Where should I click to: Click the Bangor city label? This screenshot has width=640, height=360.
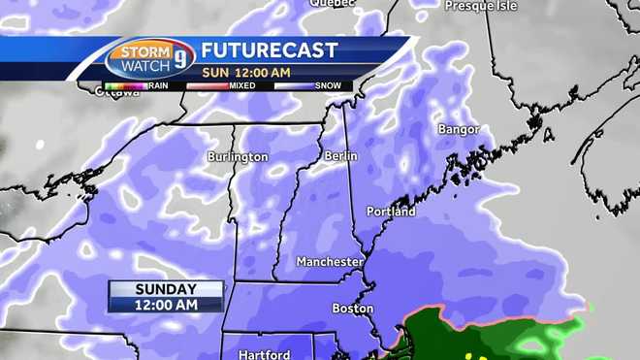pos(459,128)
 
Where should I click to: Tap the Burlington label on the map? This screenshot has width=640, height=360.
pos(237,156)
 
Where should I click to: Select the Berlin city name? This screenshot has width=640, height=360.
pos(340,155)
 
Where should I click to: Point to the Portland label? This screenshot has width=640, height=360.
pos(391,211)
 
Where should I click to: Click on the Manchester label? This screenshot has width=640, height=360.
pos(331,262)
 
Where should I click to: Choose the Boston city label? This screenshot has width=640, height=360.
pos(352,309)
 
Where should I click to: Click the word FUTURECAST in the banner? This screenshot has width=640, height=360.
pos(270,50)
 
